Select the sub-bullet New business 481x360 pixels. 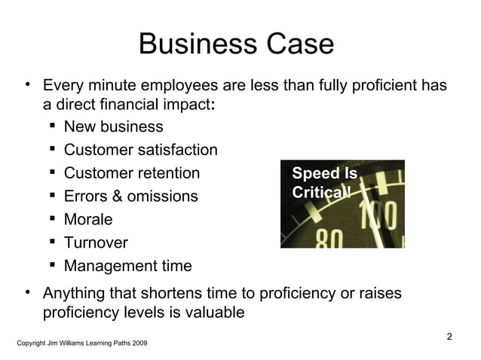pyautogui.click(x=113, y=127)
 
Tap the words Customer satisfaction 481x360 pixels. pyautogui.click(x=141, y=150)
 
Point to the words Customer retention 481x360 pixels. pyautogui.click(x=132, y=173)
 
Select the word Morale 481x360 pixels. pyautogui.click(x=88, y=220)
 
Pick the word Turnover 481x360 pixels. pyautogui.click(x=96, y=243)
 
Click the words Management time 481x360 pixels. pyautogui.click(x=127, y=267)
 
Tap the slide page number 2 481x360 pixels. pyautogui.click(x=449, y=336)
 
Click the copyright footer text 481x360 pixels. pyautogui.click(x=82, y=343)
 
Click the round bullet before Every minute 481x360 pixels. pyautogui.click(x=27, y=83)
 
